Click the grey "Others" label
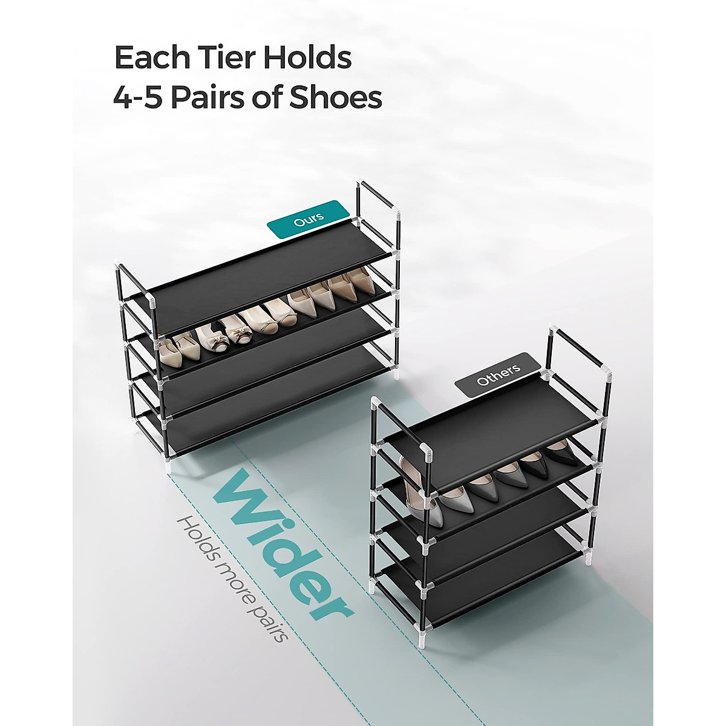[x=498, y=376]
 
